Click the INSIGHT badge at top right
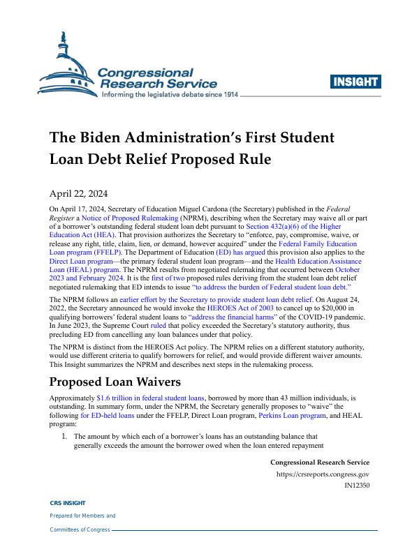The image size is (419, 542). [x=355, y=82]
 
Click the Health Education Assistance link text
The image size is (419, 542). [x=318, y=259]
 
